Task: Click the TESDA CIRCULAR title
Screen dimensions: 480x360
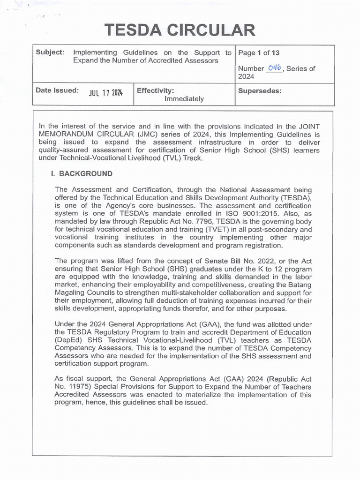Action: coord(180,30)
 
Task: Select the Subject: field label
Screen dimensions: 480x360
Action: coord(50,52)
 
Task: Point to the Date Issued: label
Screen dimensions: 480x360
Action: coord(57,90)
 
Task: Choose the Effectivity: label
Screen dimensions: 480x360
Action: coord(156,90)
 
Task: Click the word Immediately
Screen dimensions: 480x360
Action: coord(184,99)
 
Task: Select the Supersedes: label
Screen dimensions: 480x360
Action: coord(260,90)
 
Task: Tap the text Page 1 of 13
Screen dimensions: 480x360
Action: coord(259,53)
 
